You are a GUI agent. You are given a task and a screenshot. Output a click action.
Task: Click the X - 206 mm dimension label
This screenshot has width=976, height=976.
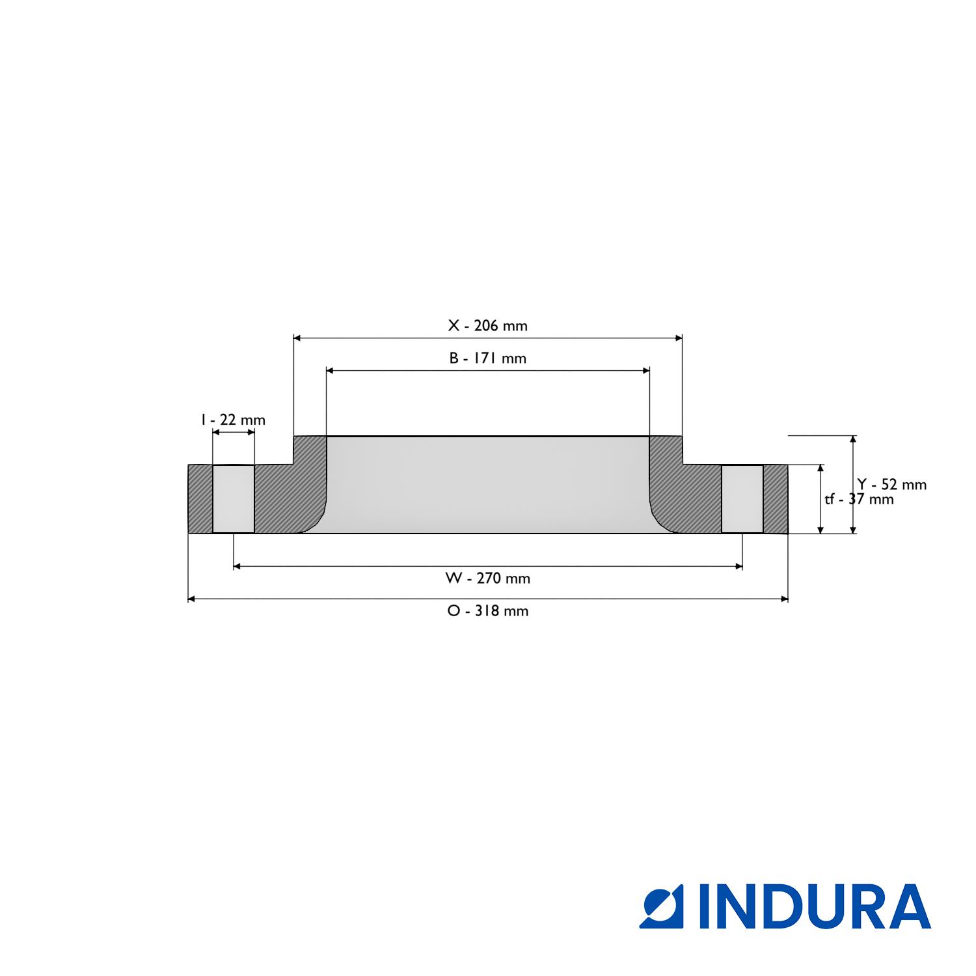click(x=487, y=325)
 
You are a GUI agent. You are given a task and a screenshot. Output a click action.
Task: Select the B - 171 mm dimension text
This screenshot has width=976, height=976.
click(x=487, y=358)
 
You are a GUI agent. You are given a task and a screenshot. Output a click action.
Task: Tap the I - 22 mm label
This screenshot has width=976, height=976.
click(x=233, y=420)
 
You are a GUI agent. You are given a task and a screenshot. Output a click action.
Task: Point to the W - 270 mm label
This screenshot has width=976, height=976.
click(x=487, y=578)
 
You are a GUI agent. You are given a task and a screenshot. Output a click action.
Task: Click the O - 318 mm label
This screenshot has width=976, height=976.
click(x=487, y=610)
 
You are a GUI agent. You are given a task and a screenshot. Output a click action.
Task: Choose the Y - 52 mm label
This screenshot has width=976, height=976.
click(x=891, y=484)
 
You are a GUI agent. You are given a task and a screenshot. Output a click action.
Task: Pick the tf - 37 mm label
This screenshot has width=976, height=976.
click(x=859, y=499)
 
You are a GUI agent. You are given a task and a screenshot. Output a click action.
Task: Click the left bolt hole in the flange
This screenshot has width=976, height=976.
click(x=233, y=499)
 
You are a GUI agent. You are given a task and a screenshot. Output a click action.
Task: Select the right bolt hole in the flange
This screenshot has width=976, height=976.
click(x=742, y=499)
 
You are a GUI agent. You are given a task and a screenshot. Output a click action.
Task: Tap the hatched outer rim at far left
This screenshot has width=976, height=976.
click(x=200, y=499)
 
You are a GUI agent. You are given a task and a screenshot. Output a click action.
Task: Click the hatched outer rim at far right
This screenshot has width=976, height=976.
click(x=775, y=499)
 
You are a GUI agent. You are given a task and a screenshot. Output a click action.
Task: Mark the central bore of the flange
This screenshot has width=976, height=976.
click(x=487, y=485)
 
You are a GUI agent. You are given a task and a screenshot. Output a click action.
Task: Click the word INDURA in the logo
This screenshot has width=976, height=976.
click(x=815, y=906)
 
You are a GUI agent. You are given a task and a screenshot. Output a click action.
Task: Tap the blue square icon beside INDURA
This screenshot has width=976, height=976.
click(x=661, y=906)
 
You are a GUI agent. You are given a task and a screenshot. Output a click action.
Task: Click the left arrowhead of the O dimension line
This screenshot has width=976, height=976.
click(x=192, y=599)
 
